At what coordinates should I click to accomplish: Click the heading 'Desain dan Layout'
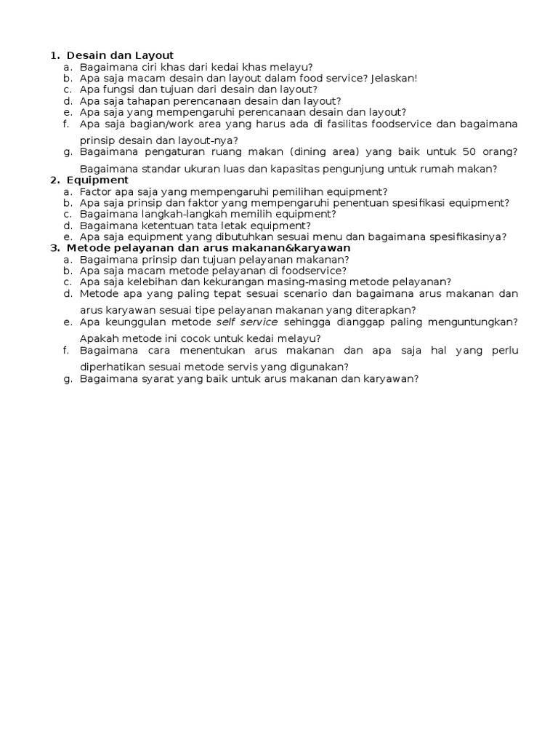(120, 55)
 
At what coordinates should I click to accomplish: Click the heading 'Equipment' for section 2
(97, 180)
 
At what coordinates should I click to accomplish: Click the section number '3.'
(55, 247)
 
